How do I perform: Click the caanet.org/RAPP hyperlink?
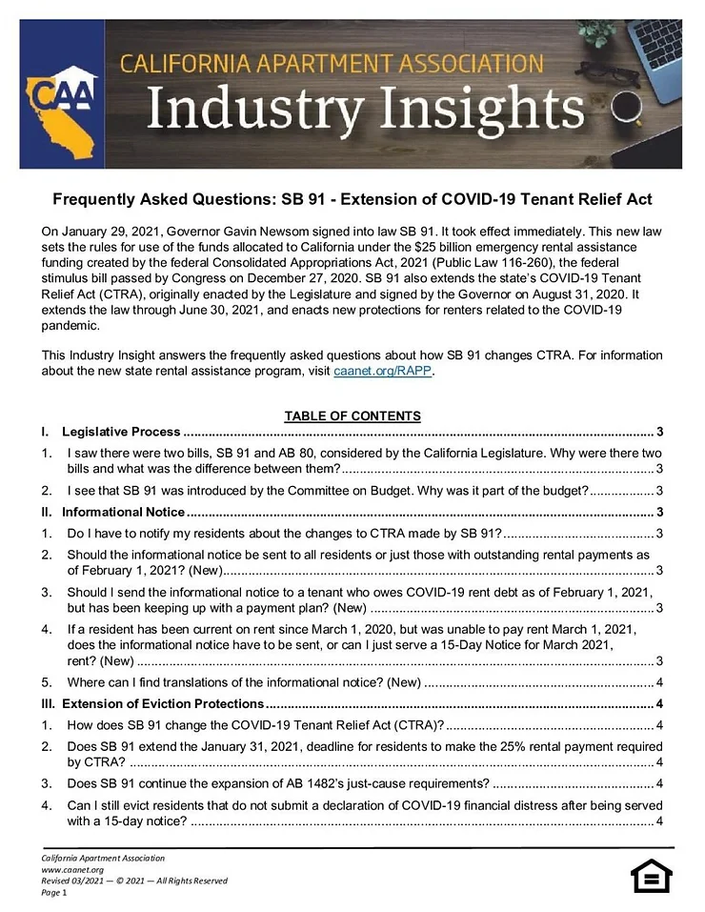tap(383, 372)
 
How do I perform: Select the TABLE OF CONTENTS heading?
tap(352, 415)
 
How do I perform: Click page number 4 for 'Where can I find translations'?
tap(660, 681)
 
